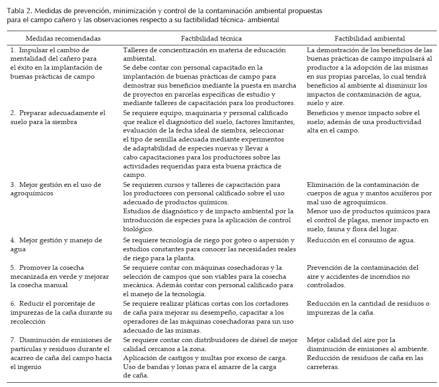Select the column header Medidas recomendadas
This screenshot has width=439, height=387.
pyautogui.click(x=63, y=39)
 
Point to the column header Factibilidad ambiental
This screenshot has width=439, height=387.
pyautogui.click(x=369, y=39)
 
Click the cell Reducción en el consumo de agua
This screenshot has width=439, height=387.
pyautogui.click(x=360, y=240)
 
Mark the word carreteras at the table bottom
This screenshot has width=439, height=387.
pyautogui.click(x=326, y=367)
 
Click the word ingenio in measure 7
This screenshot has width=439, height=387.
pyautogui.click(x=23, y=366)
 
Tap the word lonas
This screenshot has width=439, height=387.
pyautogui.click(x=182, y=366)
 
